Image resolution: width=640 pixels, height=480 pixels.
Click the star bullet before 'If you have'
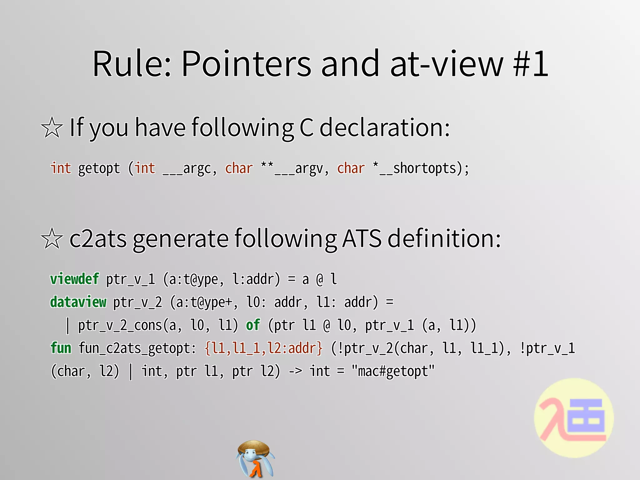click(52, 127)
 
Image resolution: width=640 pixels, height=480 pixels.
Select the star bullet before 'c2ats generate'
click(52, 238)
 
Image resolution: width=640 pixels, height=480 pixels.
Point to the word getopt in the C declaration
click(99, 168)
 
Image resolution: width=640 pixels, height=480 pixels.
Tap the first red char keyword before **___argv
click(239, 168)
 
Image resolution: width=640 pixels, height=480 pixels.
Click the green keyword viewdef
click(74, 279)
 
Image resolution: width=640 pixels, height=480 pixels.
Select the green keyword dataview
click(78, 302)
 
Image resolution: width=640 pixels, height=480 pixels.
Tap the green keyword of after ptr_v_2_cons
click(252, 325)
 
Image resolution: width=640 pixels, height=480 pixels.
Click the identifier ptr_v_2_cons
click(120, 326)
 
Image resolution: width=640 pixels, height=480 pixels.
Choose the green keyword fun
click(61, 348)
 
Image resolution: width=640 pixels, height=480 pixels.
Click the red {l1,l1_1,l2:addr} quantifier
click(263, 348)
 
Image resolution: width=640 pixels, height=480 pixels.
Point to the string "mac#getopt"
click(393, 371)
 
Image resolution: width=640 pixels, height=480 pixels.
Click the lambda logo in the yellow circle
click(574, 418)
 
